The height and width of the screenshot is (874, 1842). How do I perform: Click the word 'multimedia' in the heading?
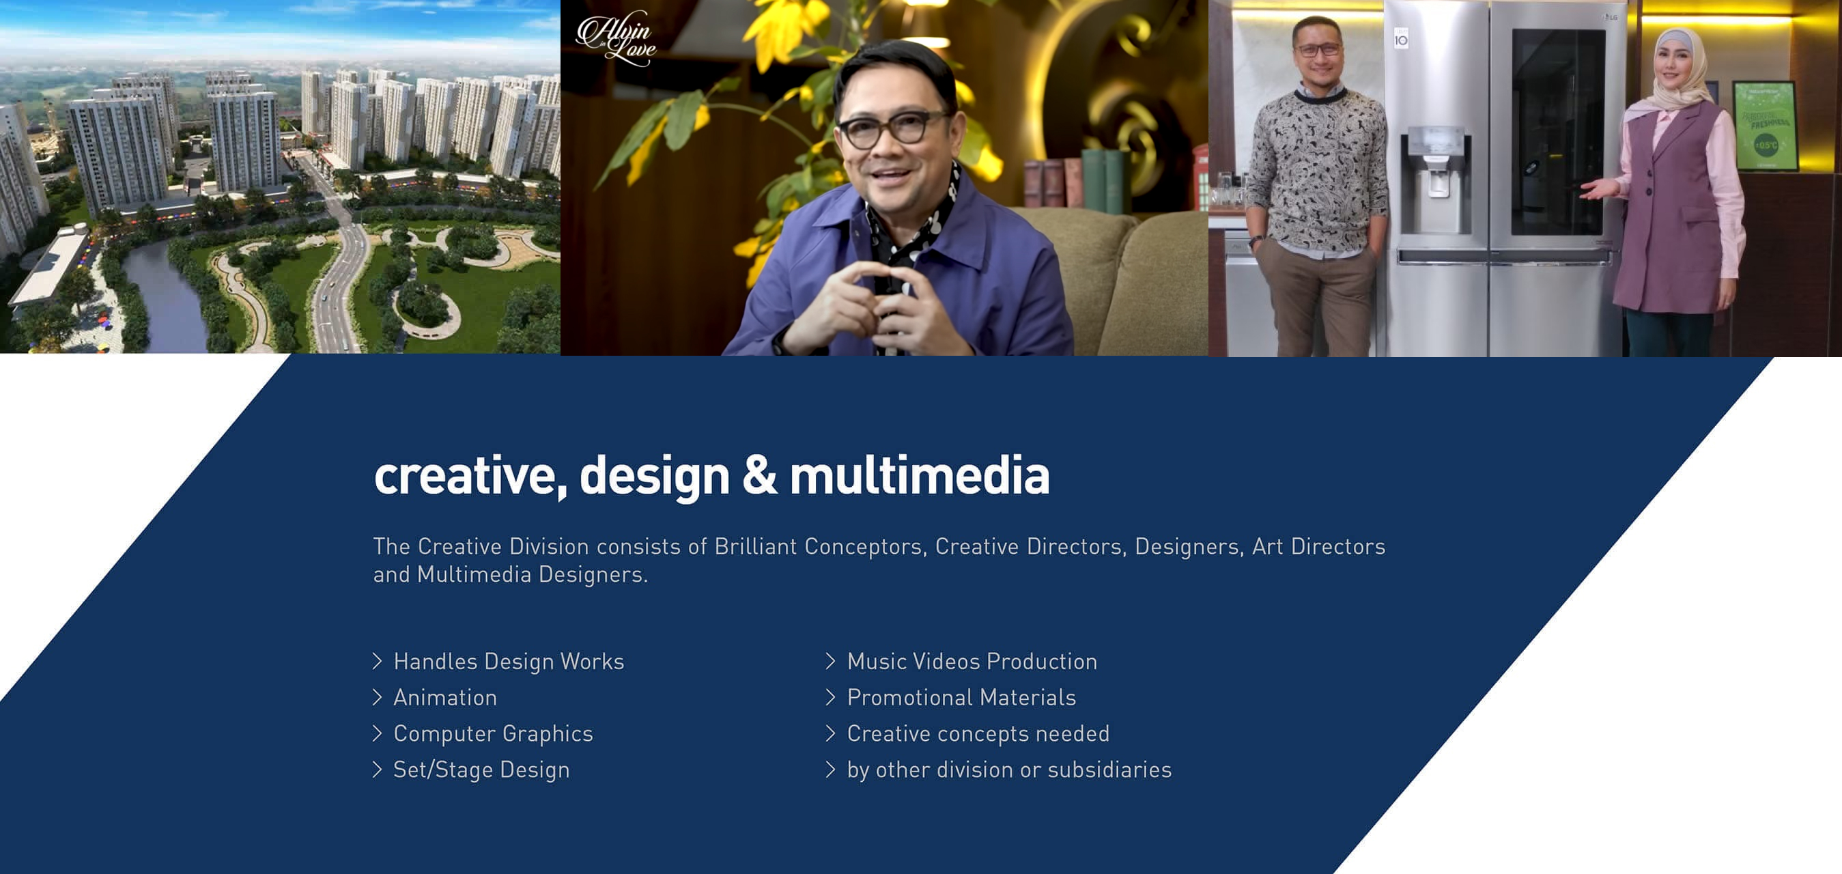point(919,476)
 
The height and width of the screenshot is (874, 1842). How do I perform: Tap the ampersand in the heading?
point(759,476)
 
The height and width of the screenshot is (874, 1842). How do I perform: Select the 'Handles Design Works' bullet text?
point(509,662)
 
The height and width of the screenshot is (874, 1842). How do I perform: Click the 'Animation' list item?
point(444,697)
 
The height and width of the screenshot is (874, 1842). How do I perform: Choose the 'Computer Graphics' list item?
point(493,734)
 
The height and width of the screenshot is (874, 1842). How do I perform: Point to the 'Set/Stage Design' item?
point(481,770)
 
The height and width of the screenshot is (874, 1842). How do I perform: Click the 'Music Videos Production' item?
point(972,662)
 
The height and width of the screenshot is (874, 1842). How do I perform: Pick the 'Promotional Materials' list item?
point(961,697)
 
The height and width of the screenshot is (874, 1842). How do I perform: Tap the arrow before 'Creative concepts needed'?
point(830,734)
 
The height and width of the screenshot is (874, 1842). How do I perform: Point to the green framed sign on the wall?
point(1764,126)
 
